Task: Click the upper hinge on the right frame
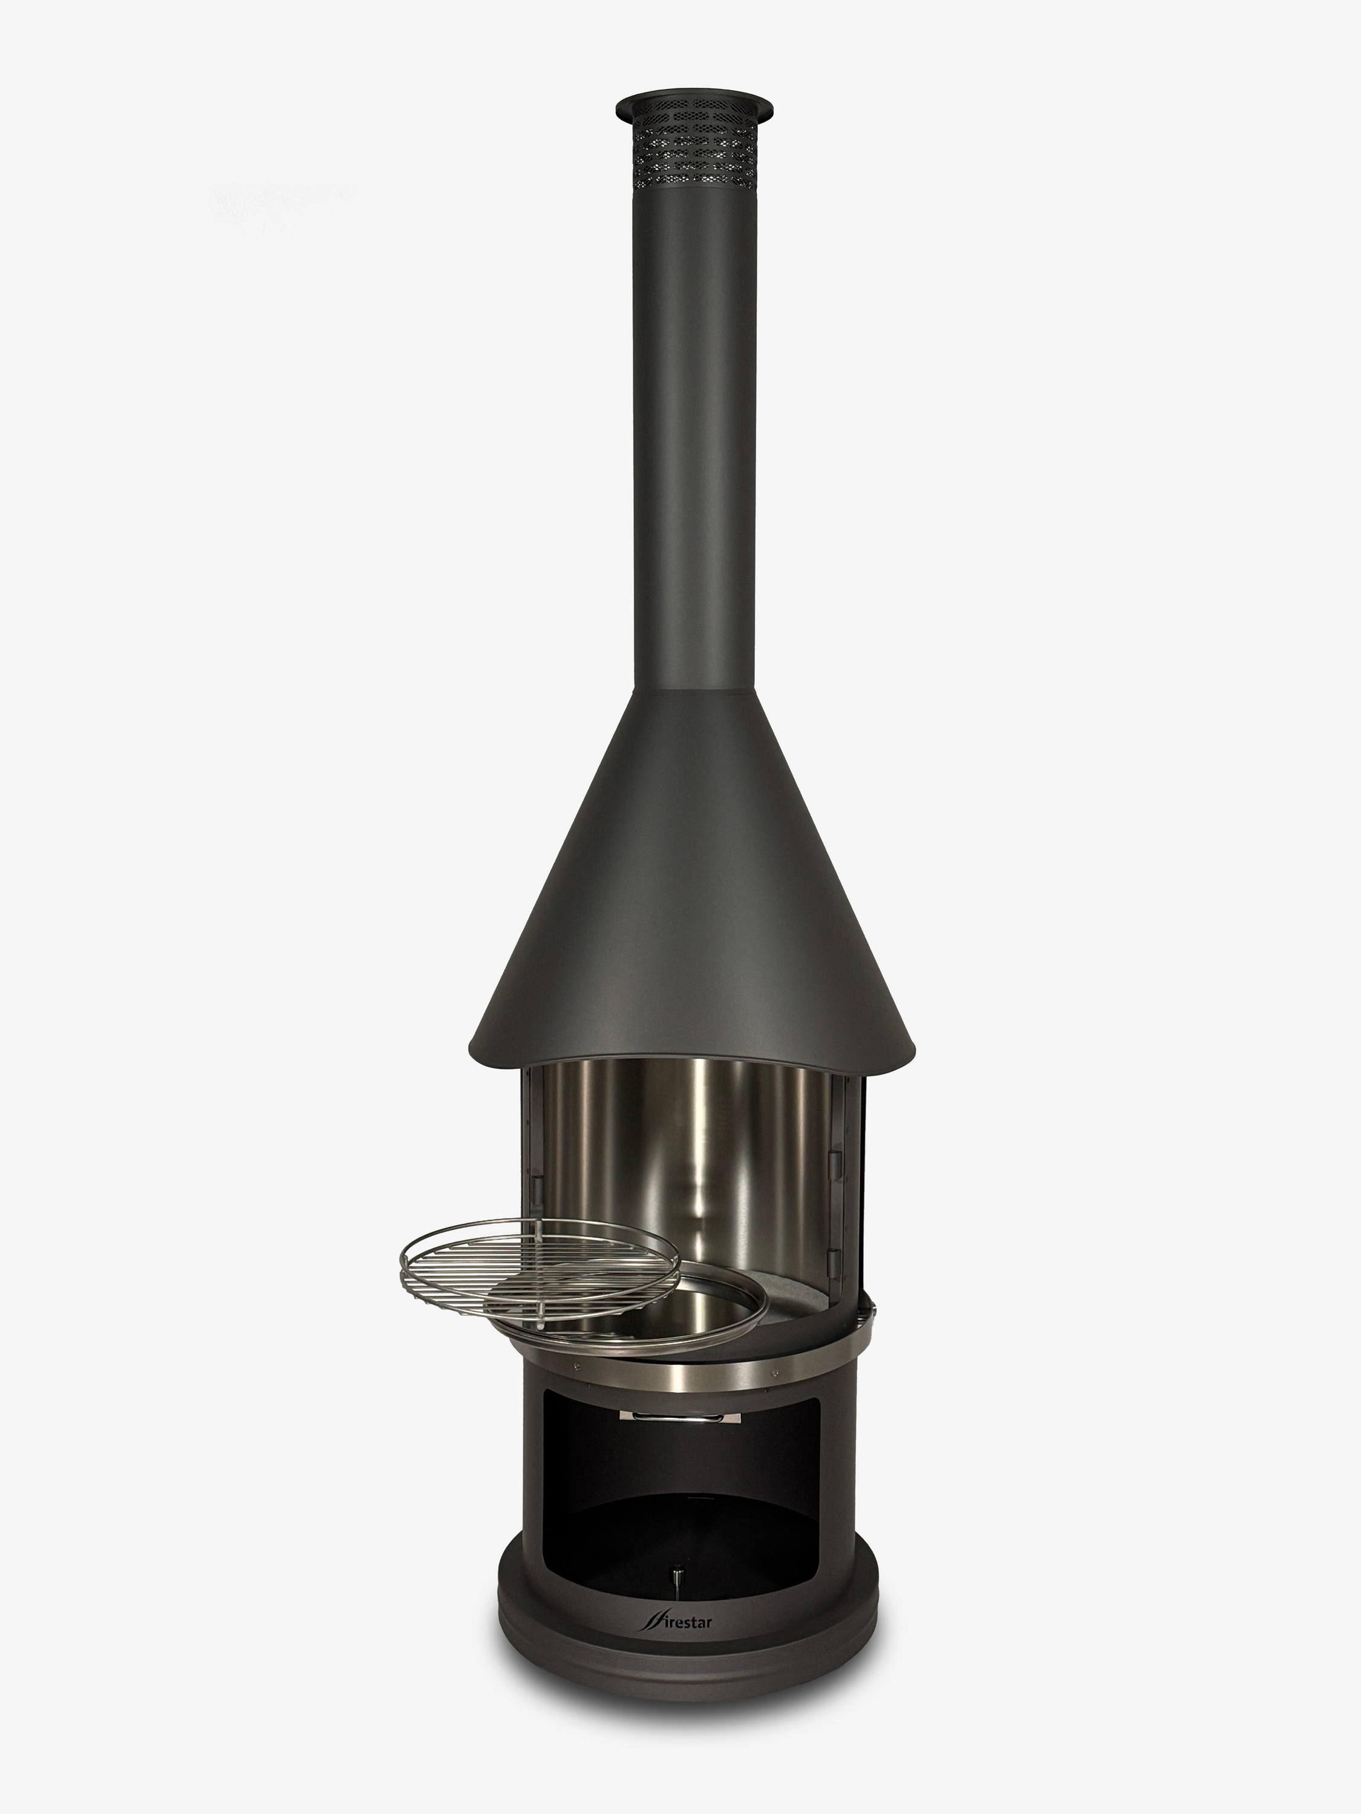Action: [834, 1160]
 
